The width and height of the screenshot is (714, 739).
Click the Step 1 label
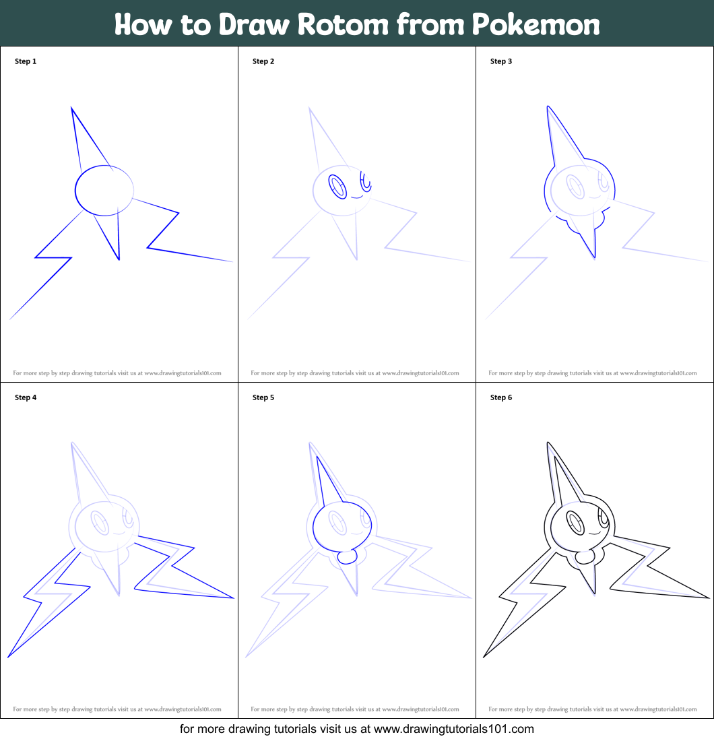[x=26, y=61]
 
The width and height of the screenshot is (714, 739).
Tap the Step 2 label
[x=263, y=61]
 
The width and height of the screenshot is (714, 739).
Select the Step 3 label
[x=501, y=61]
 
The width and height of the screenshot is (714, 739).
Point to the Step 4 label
[x=26, y=397]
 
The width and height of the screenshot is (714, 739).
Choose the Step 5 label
[x=263, y=397]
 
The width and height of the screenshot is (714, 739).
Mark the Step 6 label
[x=501, y=397]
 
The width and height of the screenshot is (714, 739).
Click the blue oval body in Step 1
[x=104, y=191]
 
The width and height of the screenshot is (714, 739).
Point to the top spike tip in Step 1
[x=71, y=108]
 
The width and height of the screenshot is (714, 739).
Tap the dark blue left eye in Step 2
[x=337, y=186]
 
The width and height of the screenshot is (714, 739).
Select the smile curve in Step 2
[x=357, y=197]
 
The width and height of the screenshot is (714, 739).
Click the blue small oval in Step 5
[x=347, y=557]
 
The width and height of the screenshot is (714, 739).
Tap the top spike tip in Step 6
[x=548, y=443]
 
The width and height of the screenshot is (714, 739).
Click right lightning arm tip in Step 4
[x=232, y=597]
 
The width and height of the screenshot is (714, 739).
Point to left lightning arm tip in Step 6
[x=484, y=657]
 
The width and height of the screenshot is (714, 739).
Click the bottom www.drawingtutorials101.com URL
[x=453, y=729]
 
